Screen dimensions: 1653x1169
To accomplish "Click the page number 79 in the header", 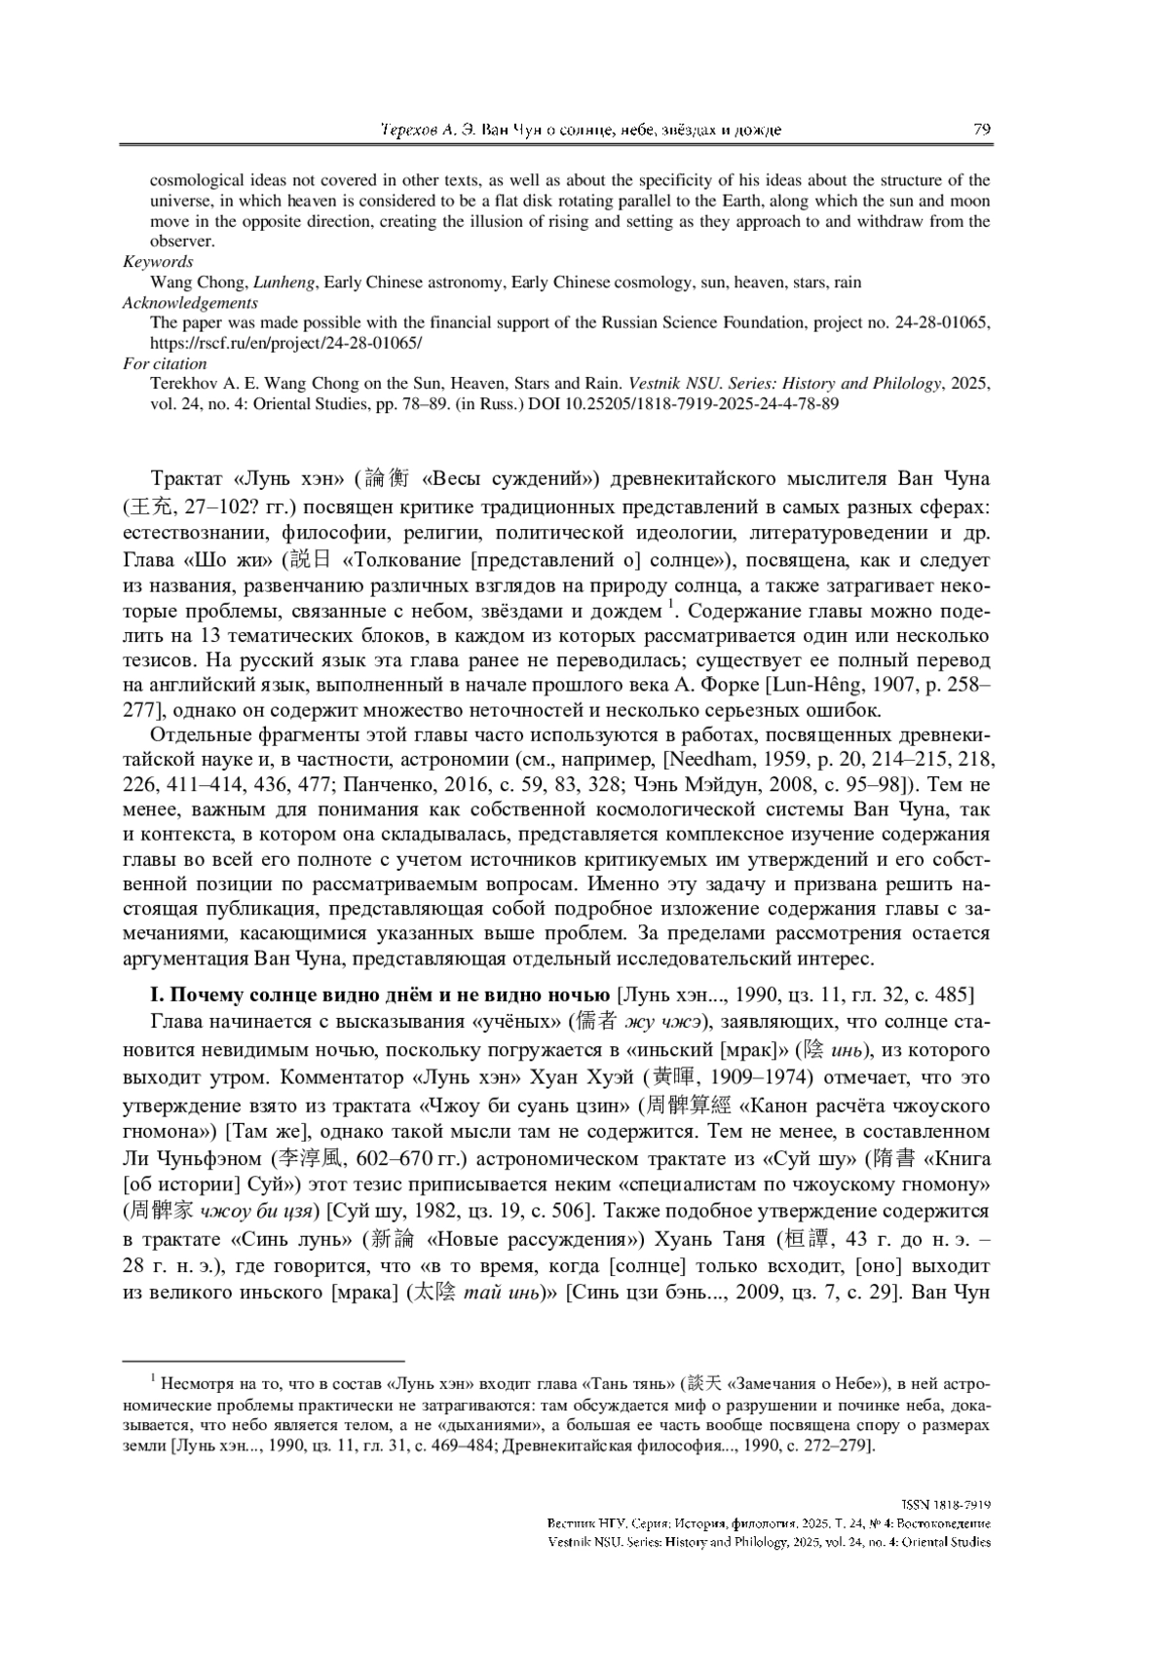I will click(981, 130).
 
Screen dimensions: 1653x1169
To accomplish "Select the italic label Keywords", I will click(158, 261).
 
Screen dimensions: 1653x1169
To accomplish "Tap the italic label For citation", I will click(165, 363).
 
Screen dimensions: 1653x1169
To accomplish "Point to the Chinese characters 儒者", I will click(595, 1022).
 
